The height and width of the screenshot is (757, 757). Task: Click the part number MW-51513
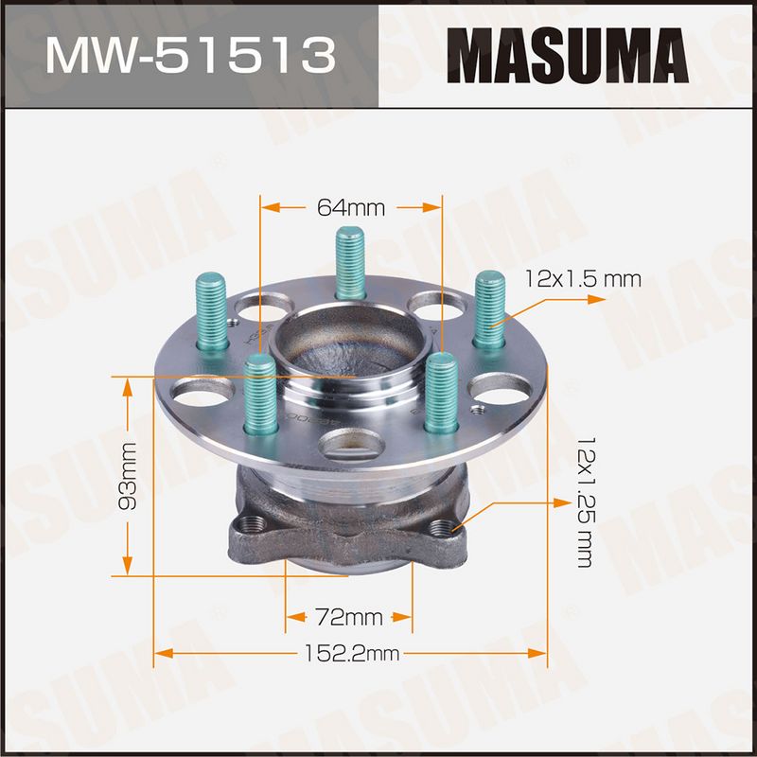coord(190,56)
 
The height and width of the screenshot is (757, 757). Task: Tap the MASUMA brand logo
coord(568,56)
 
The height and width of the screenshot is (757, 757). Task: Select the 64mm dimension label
coord(351,207)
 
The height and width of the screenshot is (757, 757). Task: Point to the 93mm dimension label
coord(128,476)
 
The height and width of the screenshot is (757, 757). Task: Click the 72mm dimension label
coord(348,617)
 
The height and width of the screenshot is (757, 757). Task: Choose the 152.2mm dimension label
coord(351,653)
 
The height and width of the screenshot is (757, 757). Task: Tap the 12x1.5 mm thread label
coord(583,279)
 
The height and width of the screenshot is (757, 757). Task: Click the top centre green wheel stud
coord(350,263)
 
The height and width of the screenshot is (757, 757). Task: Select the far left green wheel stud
coord(211,312)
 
